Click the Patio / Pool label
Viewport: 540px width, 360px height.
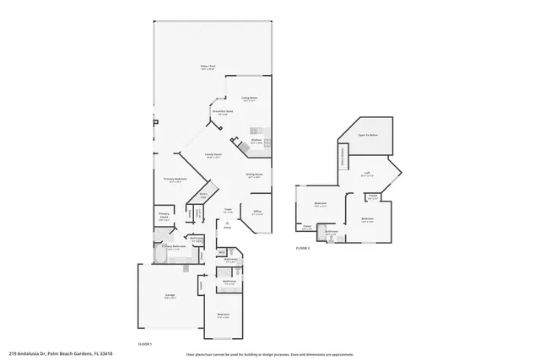pos(205,67)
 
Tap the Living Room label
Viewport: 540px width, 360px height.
pos(249,99)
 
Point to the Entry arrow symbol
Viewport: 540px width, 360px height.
pos(226,223)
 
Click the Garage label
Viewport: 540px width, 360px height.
pos(169,296)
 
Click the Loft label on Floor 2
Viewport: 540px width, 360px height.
pos(367,175)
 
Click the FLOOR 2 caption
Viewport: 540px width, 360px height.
pos(303,249)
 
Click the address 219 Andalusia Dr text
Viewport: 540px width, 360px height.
pos(61,353)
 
